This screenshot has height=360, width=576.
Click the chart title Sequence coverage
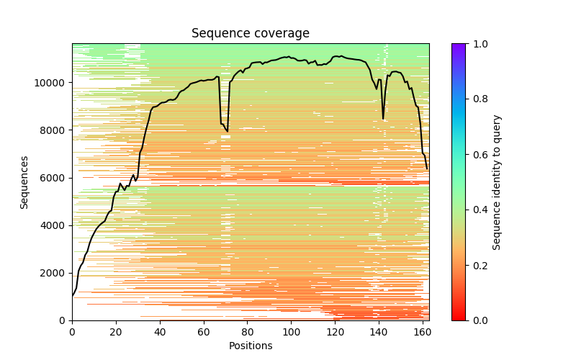(x=250, y=34)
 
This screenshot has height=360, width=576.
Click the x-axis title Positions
(x=250, y=346)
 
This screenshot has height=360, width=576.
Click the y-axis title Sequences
(x=24, y=182)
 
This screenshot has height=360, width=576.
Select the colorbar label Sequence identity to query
(x=497, y=182)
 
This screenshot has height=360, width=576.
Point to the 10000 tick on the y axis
(x=52, y=83)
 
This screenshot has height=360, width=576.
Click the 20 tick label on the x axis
(x=116, y=332)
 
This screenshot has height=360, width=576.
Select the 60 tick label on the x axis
(x=204, y=332)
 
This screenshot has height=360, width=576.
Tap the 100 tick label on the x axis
(x=292, y=332)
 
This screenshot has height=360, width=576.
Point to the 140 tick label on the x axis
(x=379, y=332)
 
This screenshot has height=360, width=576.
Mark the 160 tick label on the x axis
(x=423, y=332)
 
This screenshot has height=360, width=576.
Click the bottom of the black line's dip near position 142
(x=383, y=119)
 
